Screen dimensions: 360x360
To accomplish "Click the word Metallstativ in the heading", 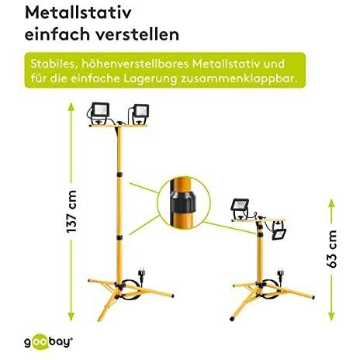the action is [x=78, y=12].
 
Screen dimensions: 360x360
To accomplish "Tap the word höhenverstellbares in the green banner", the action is [x=135, y=64].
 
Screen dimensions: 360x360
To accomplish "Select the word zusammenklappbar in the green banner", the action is [x=239, y=78].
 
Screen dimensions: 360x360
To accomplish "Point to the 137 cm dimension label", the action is [x=71, y=212].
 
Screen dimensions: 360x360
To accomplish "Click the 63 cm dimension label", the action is [x=332, y=249].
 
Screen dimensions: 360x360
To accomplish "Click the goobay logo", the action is [x=49, y=342].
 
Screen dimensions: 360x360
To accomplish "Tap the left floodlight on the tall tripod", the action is [x=99, y=112].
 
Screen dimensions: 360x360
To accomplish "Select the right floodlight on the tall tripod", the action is [x=140, y=113].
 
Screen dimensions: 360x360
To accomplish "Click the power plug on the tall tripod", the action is [x=141, y=275].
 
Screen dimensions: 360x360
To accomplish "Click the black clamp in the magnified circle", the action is [x=183, y=202].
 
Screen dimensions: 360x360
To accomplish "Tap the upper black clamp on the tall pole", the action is [x=119, y=175].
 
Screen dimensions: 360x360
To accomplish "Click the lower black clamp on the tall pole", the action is [x=119, y=237].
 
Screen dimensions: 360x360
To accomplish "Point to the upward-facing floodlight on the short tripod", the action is [x=240, y=207].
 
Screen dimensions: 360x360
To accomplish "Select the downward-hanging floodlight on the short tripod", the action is [x=279, y=231].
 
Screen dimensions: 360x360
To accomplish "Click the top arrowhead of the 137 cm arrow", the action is [x=71, y=106].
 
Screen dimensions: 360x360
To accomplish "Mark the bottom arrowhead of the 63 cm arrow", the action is [x=332, y=317].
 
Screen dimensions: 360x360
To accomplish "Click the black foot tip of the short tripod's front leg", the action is [x=232, y=318].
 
